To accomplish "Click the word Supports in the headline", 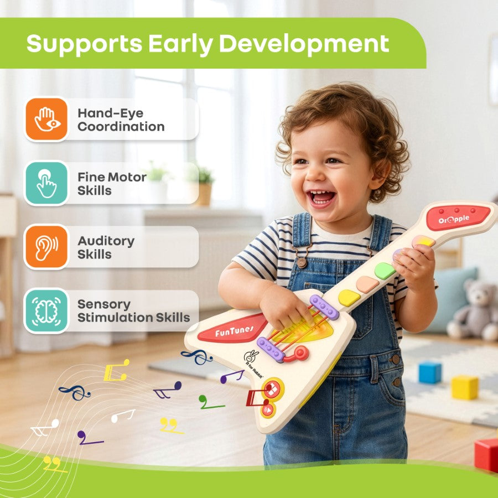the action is coord(84,44).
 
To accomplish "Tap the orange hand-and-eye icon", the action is coord(46,119).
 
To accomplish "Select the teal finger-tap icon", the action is coord(46,183).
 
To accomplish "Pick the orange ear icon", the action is coord(46,247).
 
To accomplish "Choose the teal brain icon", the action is coord(46,310).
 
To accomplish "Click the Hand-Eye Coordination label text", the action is coord(121,120).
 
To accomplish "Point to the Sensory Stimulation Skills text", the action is coord(134,311).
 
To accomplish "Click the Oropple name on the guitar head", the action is coord(454,219).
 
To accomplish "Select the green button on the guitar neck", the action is coord(385,271).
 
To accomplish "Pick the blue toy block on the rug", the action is coord(430,372).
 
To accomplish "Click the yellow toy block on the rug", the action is coord(465,387).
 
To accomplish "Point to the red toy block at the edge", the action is coord(486,454).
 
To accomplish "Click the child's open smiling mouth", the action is coord(321,198).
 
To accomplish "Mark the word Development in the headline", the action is coord(304,44).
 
